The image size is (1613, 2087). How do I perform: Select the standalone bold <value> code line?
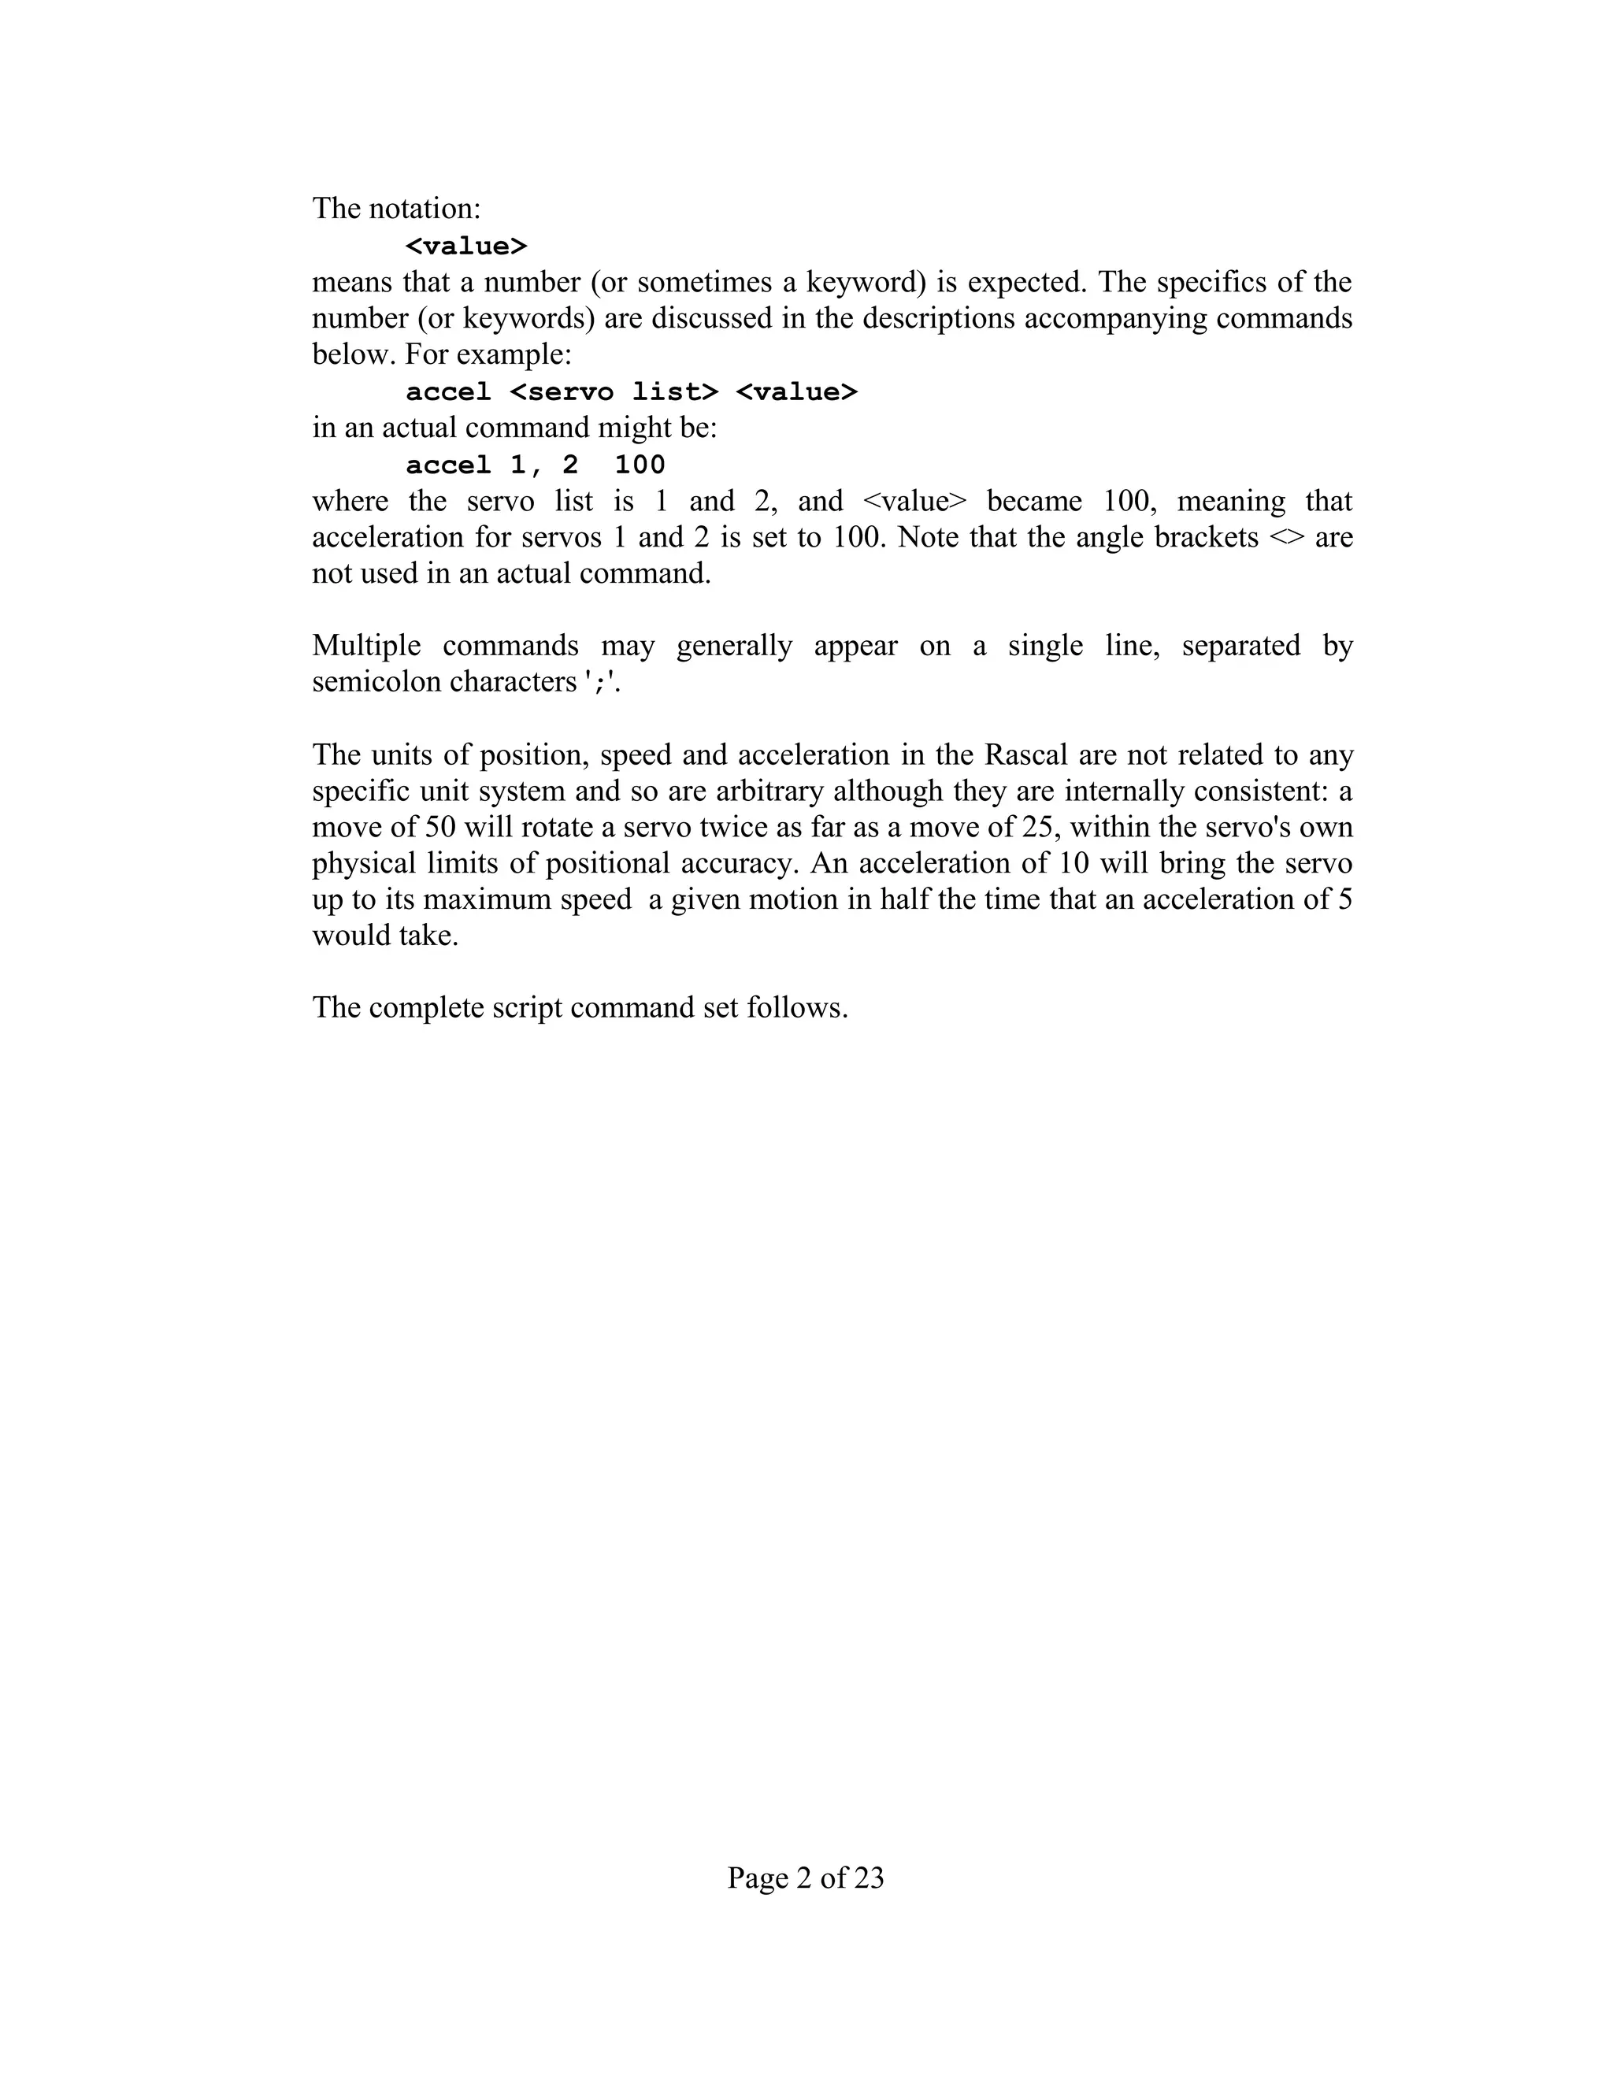pyautogui.click(x=466, y=247)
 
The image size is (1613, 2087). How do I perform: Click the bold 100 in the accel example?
pyautogui.click(x=640, y=465)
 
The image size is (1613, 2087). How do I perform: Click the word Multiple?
pyautogui.click(x=366, y=646)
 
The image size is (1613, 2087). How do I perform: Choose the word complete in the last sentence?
pyautogui.click(x=426, y=1008)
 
